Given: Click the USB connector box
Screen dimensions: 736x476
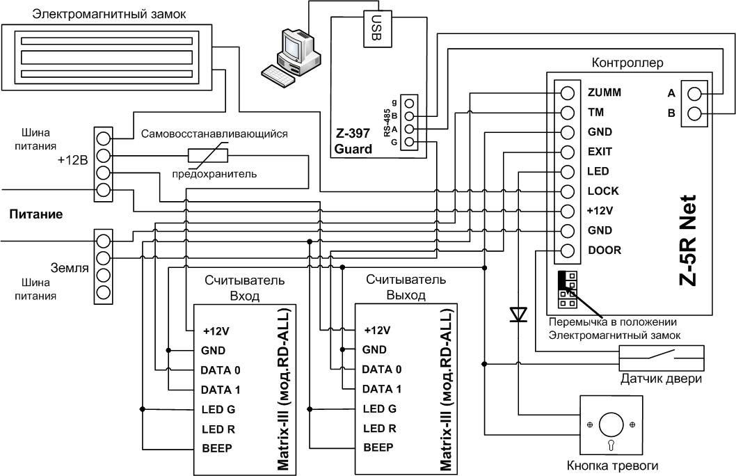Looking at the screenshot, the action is pyautogui.click(x=377, y=29).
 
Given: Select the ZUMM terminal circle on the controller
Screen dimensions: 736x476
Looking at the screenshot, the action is pyautogui.click(x=568, y=93).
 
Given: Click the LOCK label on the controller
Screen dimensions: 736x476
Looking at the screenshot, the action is pyautogui.click(x=602, y=191).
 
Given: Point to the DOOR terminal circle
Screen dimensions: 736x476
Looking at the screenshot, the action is pyautogui.click(x=568, y=251).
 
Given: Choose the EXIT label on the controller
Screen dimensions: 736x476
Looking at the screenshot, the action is pyautogui.click(x=600, y=152).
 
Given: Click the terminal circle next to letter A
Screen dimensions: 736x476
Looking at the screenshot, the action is pyautogui.click(x=694, y=94).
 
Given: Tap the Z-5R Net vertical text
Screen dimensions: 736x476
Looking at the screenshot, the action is pyautogui.click(x=688, y=240).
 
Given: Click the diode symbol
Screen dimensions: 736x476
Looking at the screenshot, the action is pyautogui.click(x=519, y=314).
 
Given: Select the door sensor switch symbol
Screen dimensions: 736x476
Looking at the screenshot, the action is pyautogui.click(x=662, y=358).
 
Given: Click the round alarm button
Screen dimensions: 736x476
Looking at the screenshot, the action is pyautogui.click(x=611, y=425).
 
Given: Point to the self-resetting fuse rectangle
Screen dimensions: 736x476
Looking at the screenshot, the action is pyautogui.click(x=207, y=155).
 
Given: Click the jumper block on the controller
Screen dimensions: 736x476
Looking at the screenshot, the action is pyautogui.click(x=568, y=289).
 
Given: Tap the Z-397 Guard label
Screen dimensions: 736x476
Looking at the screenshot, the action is pyautogui.click(x=353, y=141).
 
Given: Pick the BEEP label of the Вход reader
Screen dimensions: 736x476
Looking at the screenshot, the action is pyautogui.click(x=217, y=448).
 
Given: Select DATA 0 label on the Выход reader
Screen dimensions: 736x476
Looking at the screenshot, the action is pyautogui.click(x=382, y=370).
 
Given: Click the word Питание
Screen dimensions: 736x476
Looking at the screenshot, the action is pyautogui.click(x=36, y=214).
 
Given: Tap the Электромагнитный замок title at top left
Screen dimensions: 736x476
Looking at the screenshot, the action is pyautogui.click(x=109, y=14).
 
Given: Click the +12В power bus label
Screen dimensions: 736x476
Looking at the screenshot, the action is pyautogui.click(x=73, y=160).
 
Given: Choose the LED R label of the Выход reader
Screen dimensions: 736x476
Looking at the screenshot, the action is pyautogui.click(x=379, y=429).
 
